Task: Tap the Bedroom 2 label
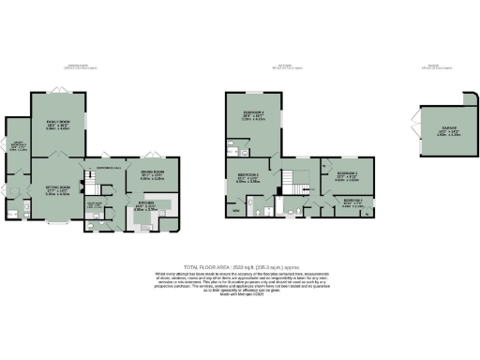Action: tap(248, 177)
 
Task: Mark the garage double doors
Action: tap(412, 130)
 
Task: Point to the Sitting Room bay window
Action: tap(59, 224)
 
